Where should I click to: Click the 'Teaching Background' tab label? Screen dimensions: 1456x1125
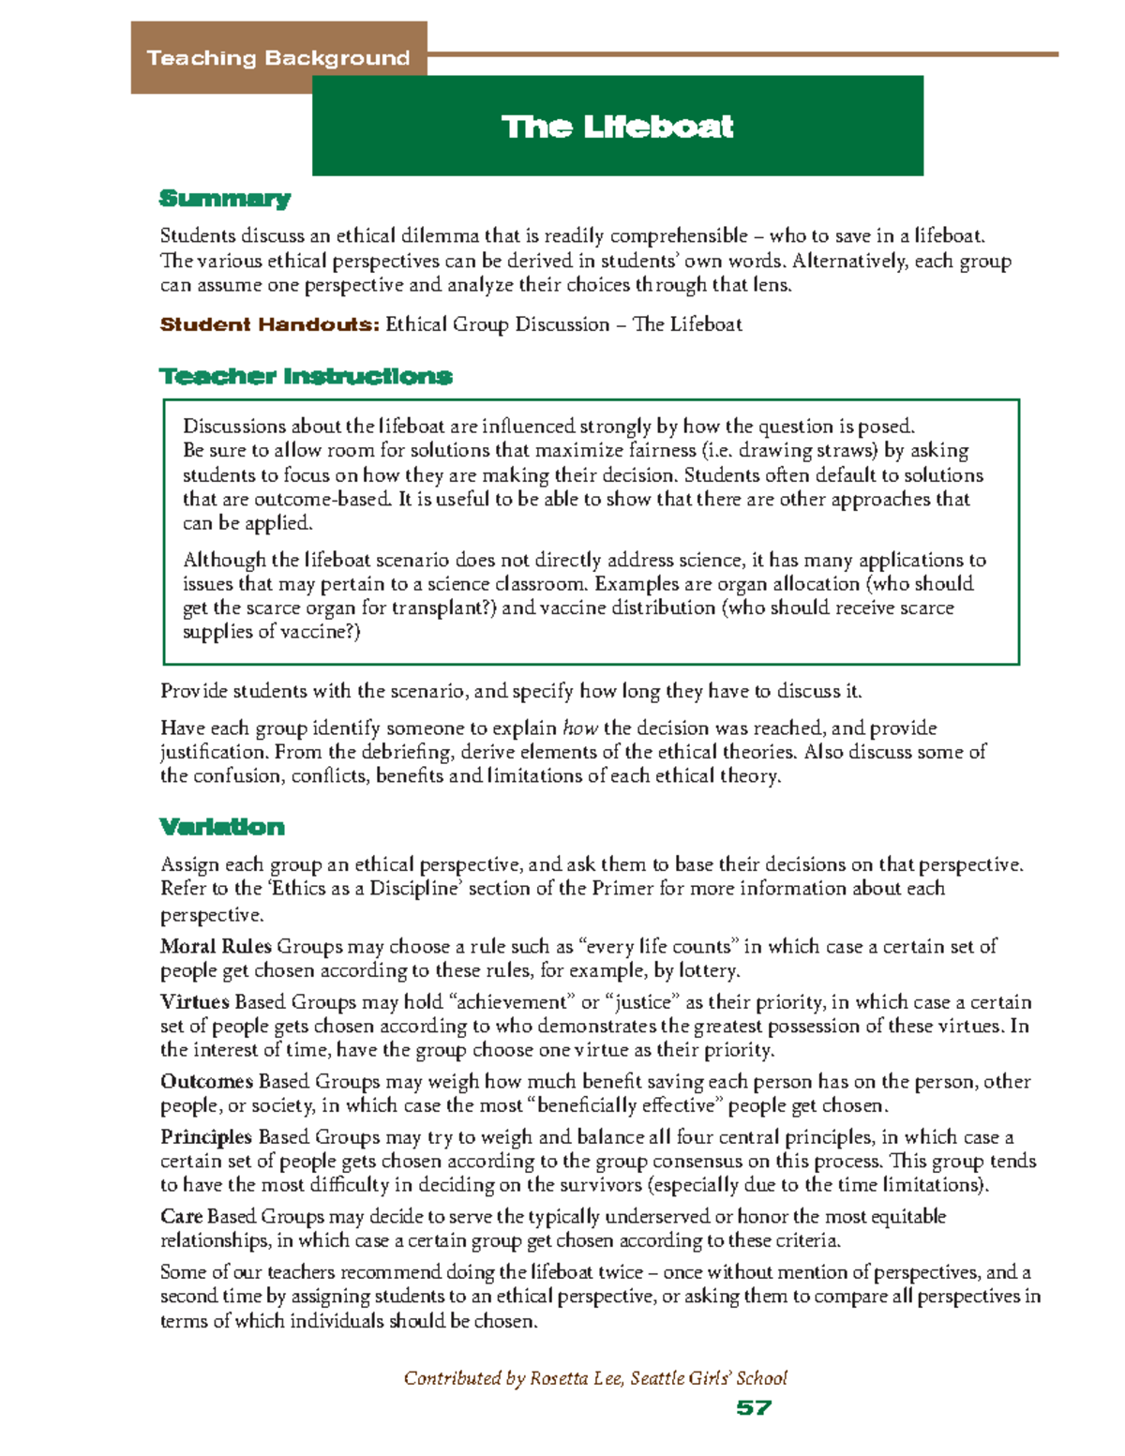click(277, 58)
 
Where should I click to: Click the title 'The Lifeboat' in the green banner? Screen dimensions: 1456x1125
click(617, 127)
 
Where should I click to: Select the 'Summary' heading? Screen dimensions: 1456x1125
click(225, 198)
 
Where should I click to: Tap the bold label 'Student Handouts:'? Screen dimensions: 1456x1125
click(269, 324)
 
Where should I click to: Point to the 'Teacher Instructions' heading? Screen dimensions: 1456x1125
click(306, 376)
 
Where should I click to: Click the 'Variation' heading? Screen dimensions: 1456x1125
click(222, 826)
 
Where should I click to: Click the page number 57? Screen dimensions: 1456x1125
click(754, 1407)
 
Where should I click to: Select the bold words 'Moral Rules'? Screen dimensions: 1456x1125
click(216, 946)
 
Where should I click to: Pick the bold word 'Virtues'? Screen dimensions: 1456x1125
click(195, 1001)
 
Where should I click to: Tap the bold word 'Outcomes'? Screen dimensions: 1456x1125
click(206, 1081)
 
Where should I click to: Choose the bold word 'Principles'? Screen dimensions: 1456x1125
click(206, 1136)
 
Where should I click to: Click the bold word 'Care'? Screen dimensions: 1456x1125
click(181, 1216)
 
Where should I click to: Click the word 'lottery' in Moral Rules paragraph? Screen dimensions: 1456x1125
click(706, 970)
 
